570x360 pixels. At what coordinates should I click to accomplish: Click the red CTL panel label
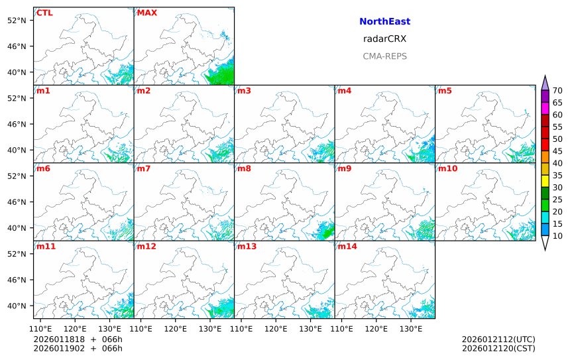[x=44, y=13]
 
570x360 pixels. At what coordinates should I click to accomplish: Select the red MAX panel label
[x=146, y=13]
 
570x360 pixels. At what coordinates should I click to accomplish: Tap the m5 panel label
[x=443, y=90]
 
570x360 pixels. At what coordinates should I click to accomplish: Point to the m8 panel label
[x=244, y=168]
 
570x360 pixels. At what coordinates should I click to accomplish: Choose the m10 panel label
[x=447, y=168]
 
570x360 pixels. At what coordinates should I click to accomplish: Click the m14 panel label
[x=347, y=247]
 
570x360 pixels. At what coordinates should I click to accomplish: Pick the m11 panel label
[x=46, y=247]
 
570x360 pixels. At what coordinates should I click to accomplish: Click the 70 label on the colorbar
[x=557, y=91]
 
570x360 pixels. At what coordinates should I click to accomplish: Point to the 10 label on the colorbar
[x=557, y=236]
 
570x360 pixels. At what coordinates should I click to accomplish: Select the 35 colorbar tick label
[x=557, y=175]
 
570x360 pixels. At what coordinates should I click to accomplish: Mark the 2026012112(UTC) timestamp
[x=498, y=339]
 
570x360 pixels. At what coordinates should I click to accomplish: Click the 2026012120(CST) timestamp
[x=498, y=348]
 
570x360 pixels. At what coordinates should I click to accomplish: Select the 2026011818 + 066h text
[x=78, y=339]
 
